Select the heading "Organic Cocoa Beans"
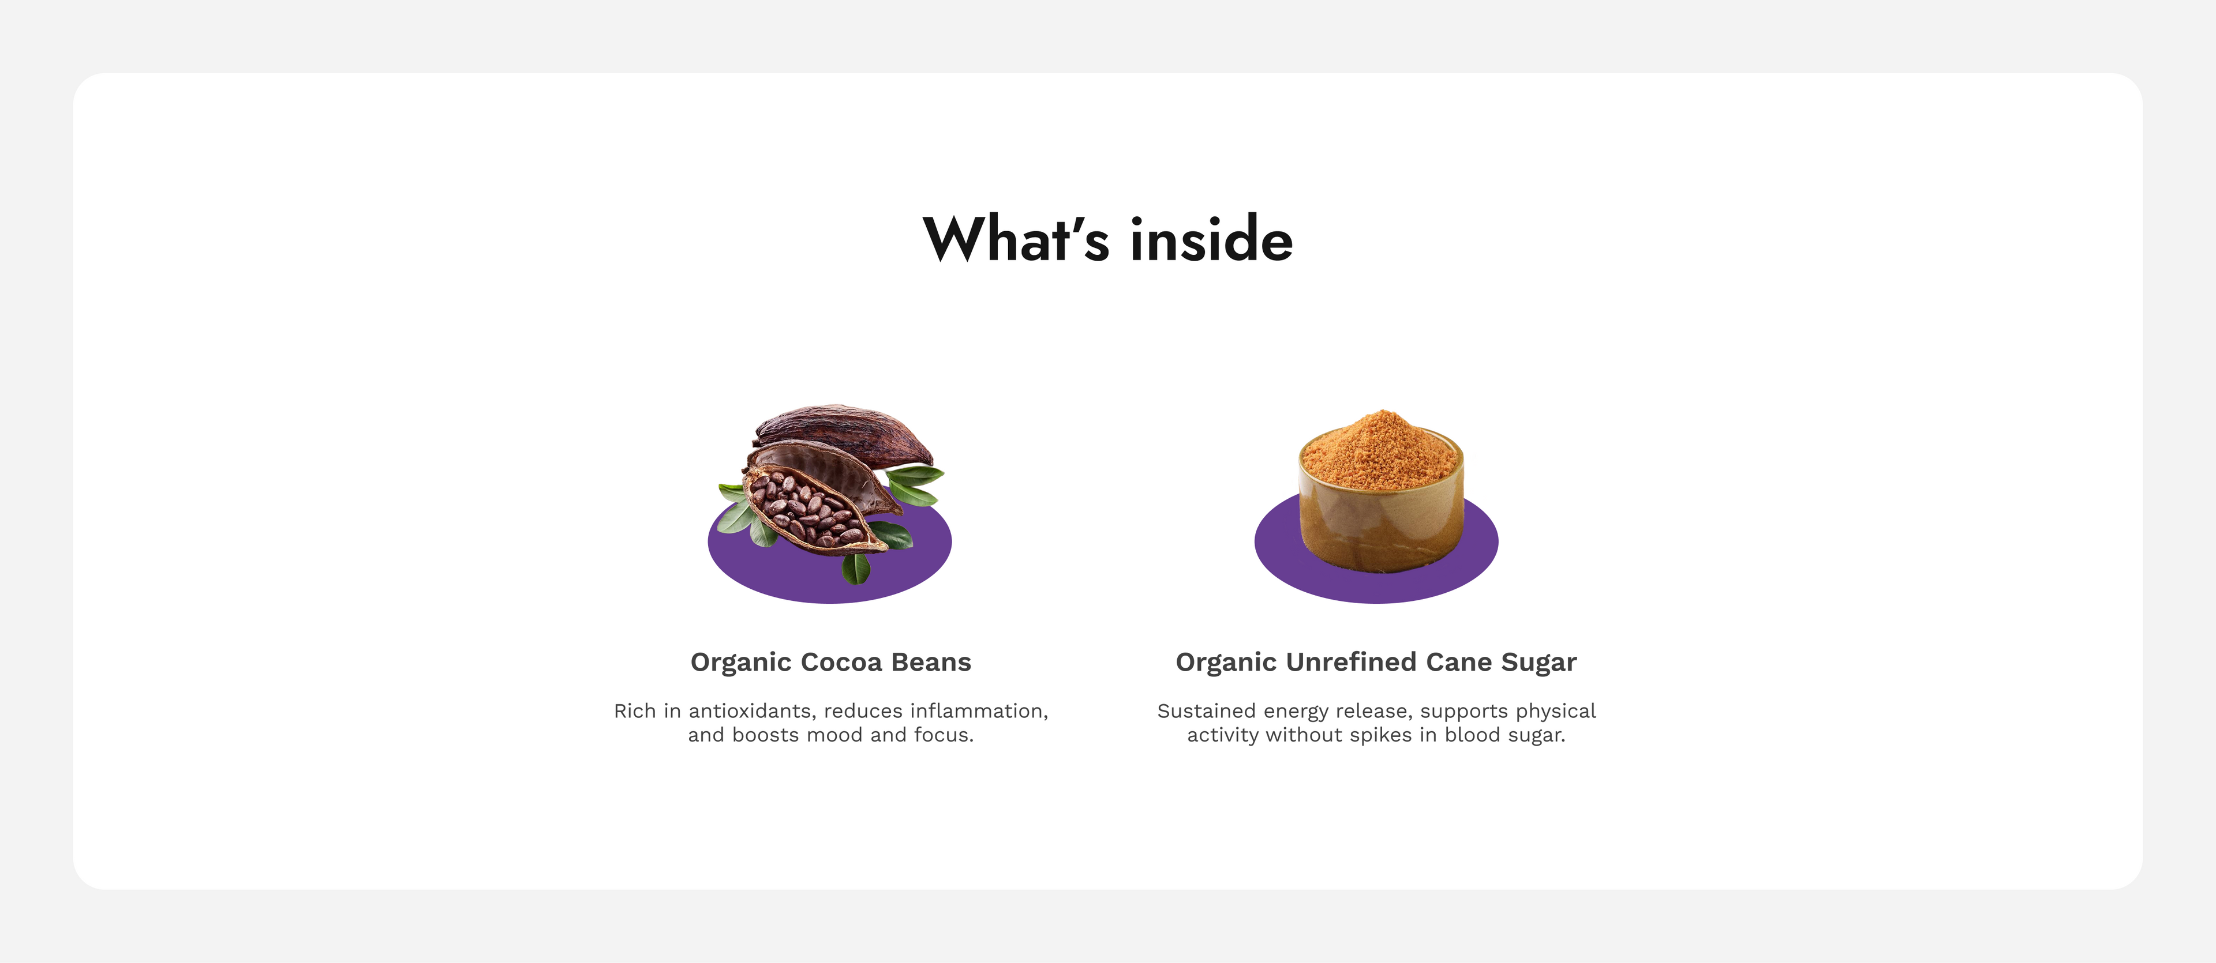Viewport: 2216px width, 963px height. point(831,662)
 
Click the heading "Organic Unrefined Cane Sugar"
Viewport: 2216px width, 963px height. point(1376,662)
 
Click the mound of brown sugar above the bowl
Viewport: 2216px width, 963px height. point(1380,450)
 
